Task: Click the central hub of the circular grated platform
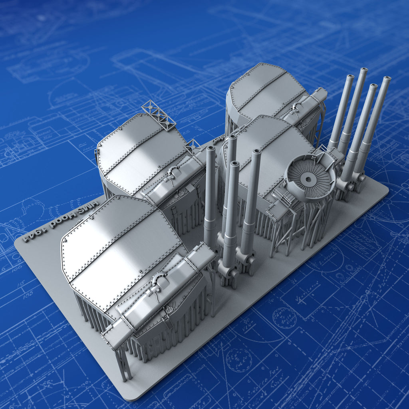click(x=307, y=179)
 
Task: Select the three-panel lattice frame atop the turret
click(x=159, y=115)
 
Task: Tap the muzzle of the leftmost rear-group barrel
click(x=350, y=77)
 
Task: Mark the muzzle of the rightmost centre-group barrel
click(x=256, y=152)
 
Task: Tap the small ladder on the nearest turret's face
click(x=168, y=320)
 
